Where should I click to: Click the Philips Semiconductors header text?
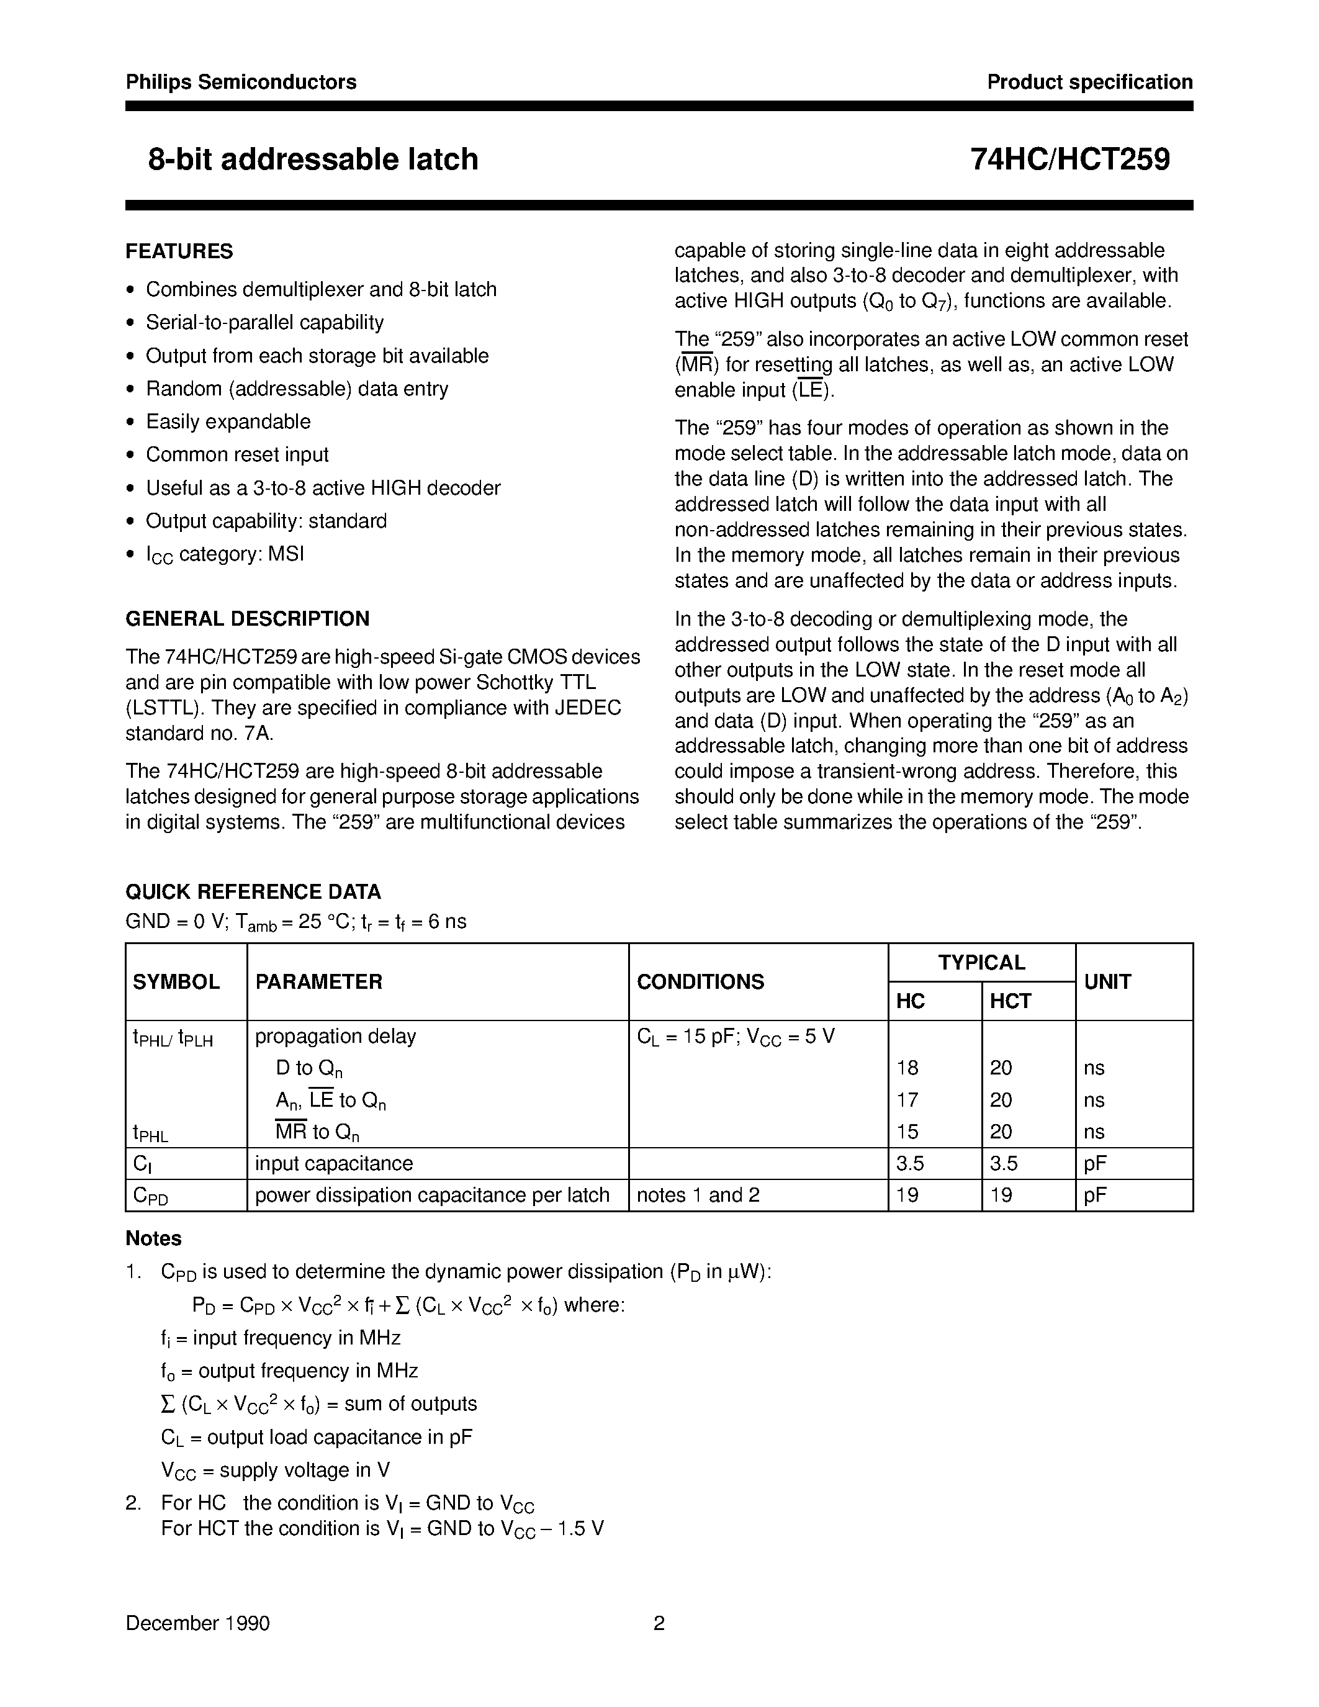(241, 82)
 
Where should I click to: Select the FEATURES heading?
(179, 251)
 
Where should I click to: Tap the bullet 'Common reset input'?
(236, 455)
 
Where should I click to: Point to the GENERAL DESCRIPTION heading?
(247, 619)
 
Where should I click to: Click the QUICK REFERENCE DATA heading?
(253, 892)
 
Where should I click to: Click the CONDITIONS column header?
(700, 983)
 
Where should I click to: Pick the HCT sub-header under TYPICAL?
(1011, 1001)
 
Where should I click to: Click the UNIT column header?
(1107, 983)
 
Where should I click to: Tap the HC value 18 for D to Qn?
(908, 1068)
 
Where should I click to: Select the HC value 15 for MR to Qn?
(908, 1132)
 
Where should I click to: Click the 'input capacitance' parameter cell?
(334, 1164)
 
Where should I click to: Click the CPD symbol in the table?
(151, 1196)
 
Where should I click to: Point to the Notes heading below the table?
(153, 1239)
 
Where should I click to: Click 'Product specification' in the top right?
(1089, 82)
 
